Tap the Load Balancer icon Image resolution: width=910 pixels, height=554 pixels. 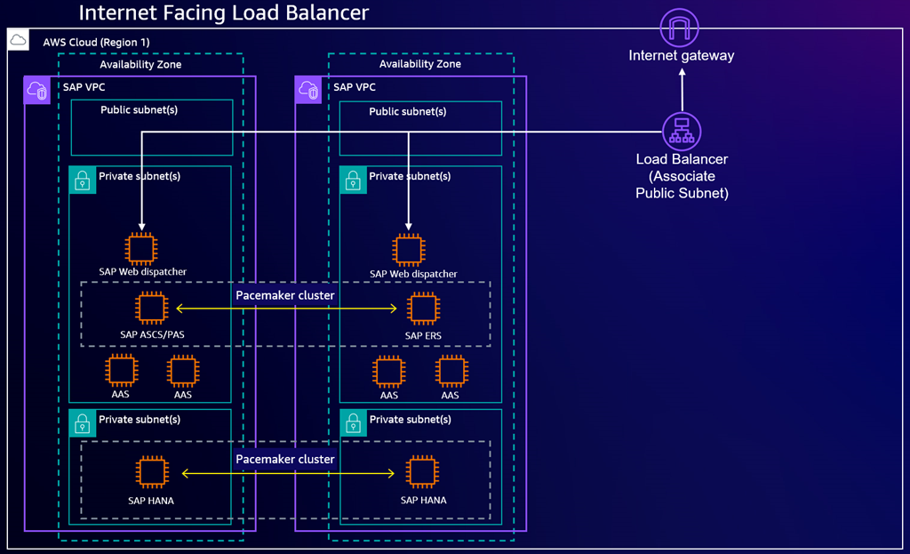(682, 131)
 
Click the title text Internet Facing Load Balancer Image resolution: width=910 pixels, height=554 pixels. (223, 13)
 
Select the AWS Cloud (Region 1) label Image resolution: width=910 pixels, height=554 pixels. (96, 42)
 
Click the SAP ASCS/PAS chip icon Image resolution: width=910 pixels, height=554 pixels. (151, 309)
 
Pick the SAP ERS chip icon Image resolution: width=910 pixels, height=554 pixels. (422, 309)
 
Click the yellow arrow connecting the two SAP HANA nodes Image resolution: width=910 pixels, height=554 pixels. (286, 474)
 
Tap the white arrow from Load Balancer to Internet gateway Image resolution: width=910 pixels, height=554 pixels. (682, 91)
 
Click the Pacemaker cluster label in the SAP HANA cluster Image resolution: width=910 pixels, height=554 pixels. (285, 459)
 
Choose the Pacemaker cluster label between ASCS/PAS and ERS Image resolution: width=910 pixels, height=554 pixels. (285, 294)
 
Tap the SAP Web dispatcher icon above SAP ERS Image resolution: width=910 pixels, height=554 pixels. (409, 250)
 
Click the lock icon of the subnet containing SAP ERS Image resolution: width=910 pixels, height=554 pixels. (353, 180)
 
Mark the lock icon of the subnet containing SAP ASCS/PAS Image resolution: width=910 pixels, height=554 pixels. (83, 180)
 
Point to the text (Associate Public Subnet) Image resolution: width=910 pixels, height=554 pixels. (682, 184)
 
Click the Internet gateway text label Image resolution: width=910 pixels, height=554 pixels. (682, 55)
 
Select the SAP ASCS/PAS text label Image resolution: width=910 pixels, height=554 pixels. (151, 335)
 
